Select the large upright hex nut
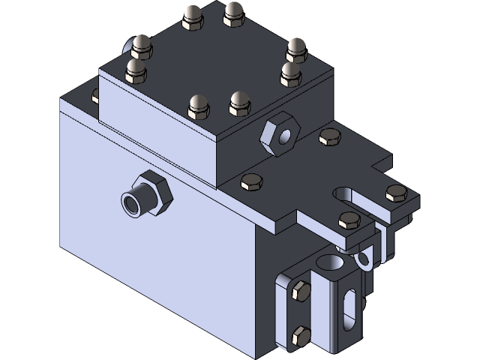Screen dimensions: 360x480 tap(278, 135)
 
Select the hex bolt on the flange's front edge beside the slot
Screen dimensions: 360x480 tap(348, 220)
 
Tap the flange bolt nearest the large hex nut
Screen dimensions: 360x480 tap(328, 137)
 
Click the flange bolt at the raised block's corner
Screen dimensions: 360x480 tap(251, 183)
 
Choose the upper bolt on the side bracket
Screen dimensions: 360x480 tap(299, 292)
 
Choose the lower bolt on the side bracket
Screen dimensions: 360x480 tap(299, 336)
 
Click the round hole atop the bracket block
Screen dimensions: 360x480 tap(330, 262)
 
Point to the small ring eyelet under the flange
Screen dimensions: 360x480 tap(364, 260)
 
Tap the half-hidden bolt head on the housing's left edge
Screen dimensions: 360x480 tap(94, 96)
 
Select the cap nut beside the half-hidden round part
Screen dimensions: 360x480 tap(142, 46)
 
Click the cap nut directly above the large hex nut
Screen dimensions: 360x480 tap(290, 73)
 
